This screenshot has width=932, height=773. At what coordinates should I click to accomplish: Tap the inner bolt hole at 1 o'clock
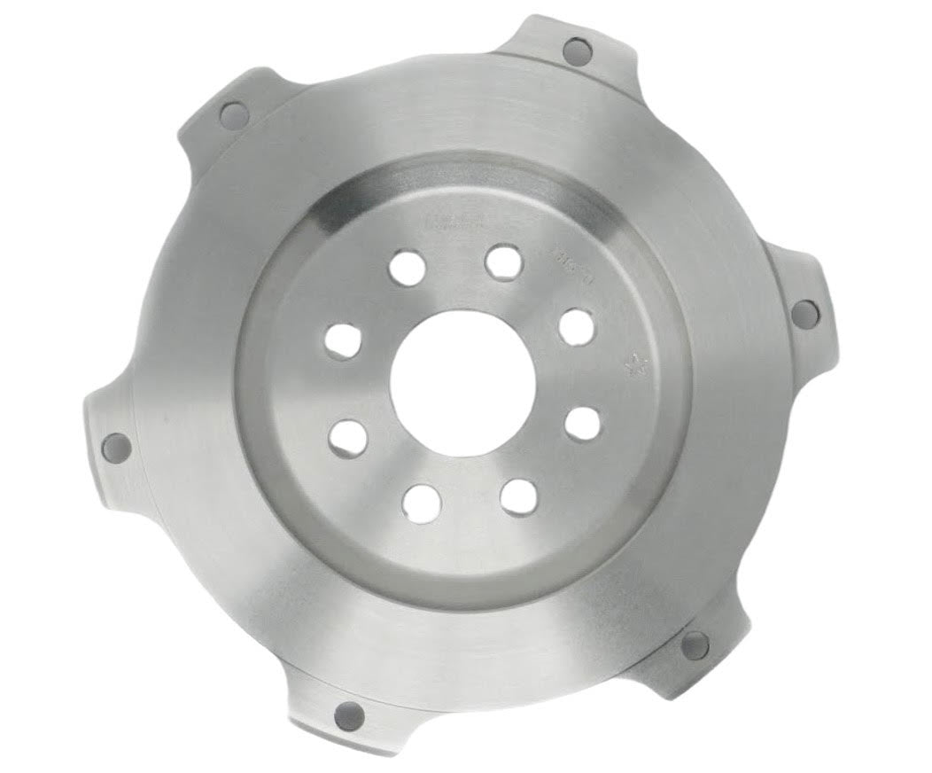[503, 262]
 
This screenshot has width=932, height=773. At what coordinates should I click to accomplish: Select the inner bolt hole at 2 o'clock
[577, 326]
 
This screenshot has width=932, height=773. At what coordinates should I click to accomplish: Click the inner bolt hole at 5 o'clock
[518, 496]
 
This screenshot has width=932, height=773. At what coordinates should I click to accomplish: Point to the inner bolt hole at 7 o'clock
[422, 502]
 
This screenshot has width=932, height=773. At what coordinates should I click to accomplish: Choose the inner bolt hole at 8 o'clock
[348, 435]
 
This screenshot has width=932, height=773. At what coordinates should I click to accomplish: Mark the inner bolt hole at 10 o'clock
[342, 340]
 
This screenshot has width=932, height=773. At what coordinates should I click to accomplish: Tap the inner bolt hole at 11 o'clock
[407, 267]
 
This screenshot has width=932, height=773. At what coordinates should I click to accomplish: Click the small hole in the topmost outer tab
[577, 51]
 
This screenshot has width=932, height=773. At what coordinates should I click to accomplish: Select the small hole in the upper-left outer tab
[234, 114]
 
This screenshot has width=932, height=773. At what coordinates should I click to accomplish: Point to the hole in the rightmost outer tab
[804, 313]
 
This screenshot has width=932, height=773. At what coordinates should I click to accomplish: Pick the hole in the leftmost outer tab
[116, 448]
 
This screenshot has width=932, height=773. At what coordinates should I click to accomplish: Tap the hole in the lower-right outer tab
[695, 644]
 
